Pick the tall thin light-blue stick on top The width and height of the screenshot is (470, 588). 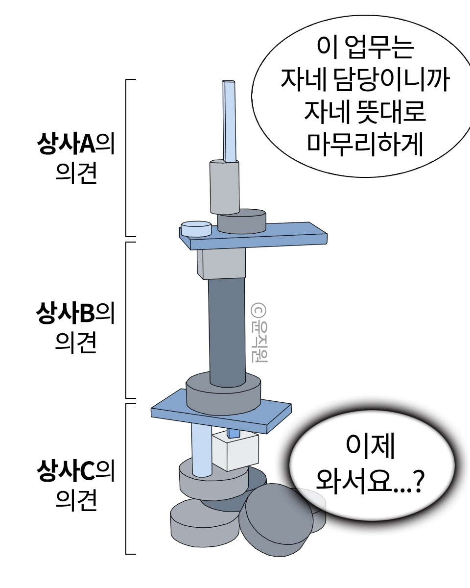click(229, 120)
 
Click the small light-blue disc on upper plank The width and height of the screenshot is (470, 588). click(196, 228)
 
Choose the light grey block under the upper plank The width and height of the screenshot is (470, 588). click(221, 263)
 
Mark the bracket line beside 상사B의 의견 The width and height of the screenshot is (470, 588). click(127, 319)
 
